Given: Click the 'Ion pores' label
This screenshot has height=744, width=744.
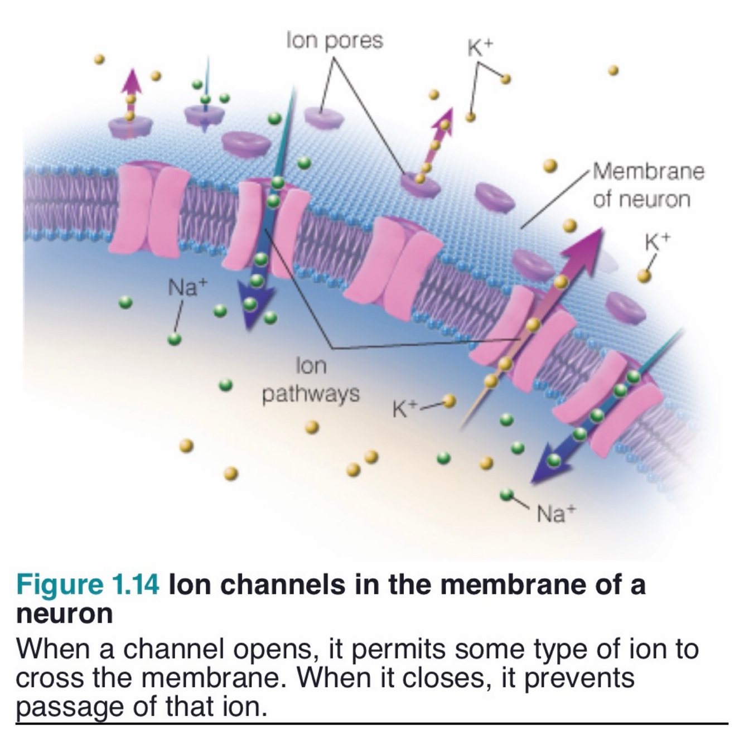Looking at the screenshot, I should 335,41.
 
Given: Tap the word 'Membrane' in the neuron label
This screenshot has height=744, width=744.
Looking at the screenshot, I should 649,171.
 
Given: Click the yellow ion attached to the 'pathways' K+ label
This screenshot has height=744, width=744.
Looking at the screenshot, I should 449,400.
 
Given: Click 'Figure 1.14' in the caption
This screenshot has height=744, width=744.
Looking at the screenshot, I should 88,585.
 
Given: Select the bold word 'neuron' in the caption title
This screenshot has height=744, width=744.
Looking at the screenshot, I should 65,613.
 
